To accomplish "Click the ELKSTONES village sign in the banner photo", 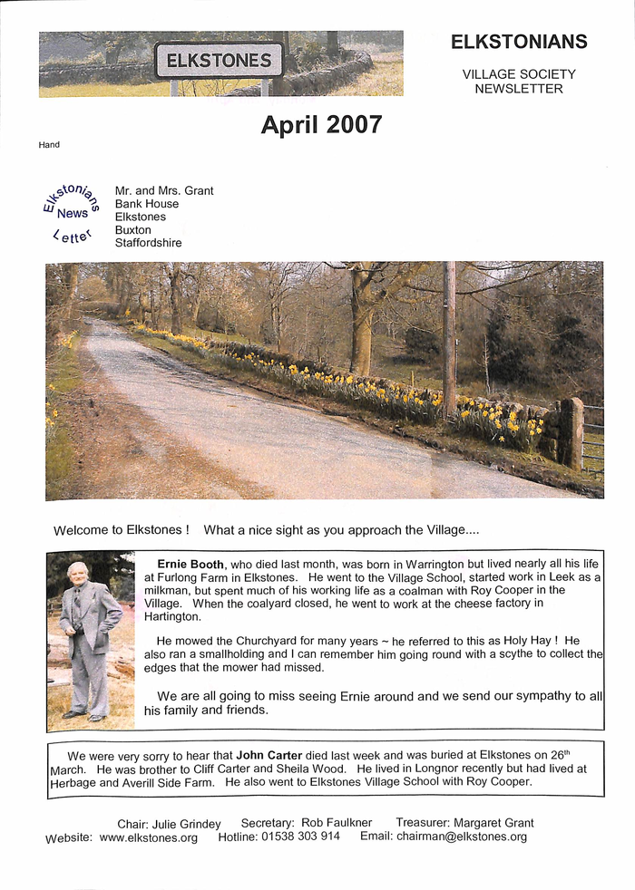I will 219,61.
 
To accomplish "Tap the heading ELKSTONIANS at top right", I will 519,42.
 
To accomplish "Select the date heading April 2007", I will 321,125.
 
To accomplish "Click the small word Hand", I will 49,145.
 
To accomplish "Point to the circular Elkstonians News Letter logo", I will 70,213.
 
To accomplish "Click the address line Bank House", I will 147,204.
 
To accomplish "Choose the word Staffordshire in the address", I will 148,243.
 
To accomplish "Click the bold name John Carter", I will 269,754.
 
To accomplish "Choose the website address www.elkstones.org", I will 149,837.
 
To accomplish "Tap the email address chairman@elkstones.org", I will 462,837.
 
